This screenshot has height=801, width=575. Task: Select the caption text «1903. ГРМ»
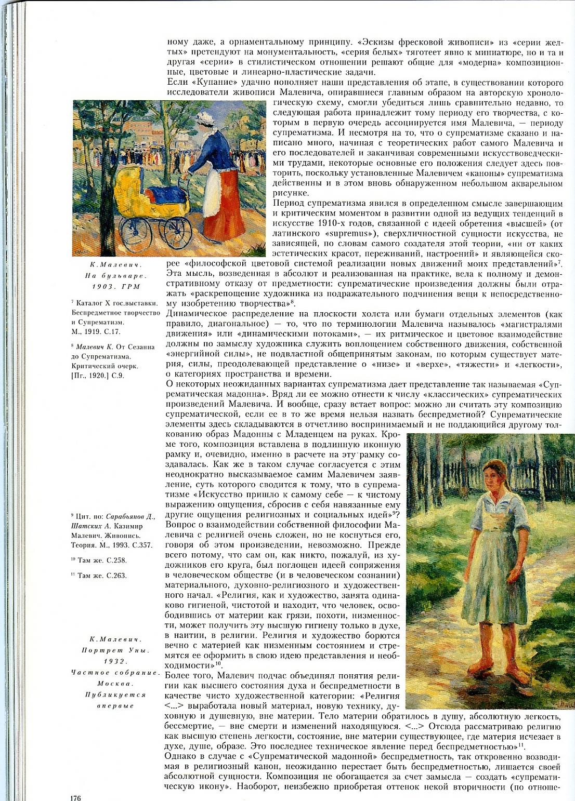click(x=115, y=286)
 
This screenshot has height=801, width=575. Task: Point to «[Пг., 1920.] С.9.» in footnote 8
click(x=97, y=376)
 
